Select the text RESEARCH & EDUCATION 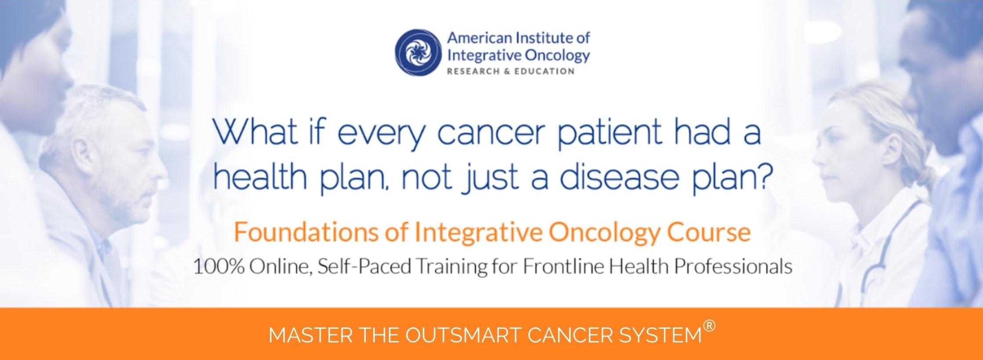[x=511, y=72]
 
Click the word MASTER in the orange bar [x=310, y=336]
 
